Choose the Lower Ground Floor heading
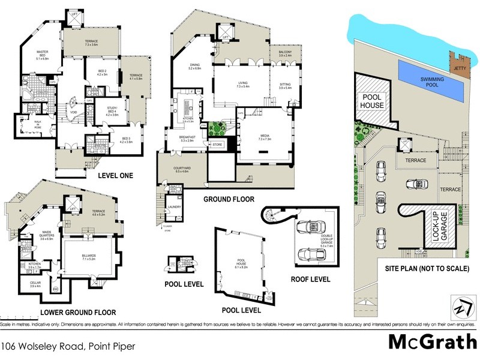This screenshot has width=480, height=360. click(77, 312)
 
